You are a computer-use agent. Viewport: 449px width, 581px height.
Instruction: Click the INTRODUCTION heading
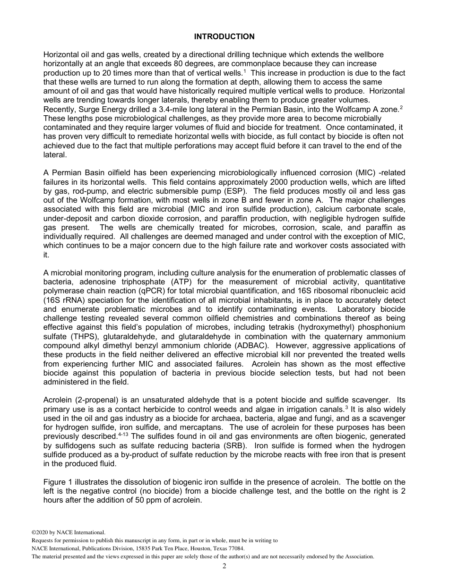click(x=224, y=36)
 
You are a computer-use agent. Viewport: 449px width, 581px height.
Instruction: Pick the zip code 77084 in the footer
click(x=235, y=548)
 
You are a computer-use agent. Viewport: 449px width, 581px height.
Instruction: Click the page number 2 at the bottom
click(x=224, y=566)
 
